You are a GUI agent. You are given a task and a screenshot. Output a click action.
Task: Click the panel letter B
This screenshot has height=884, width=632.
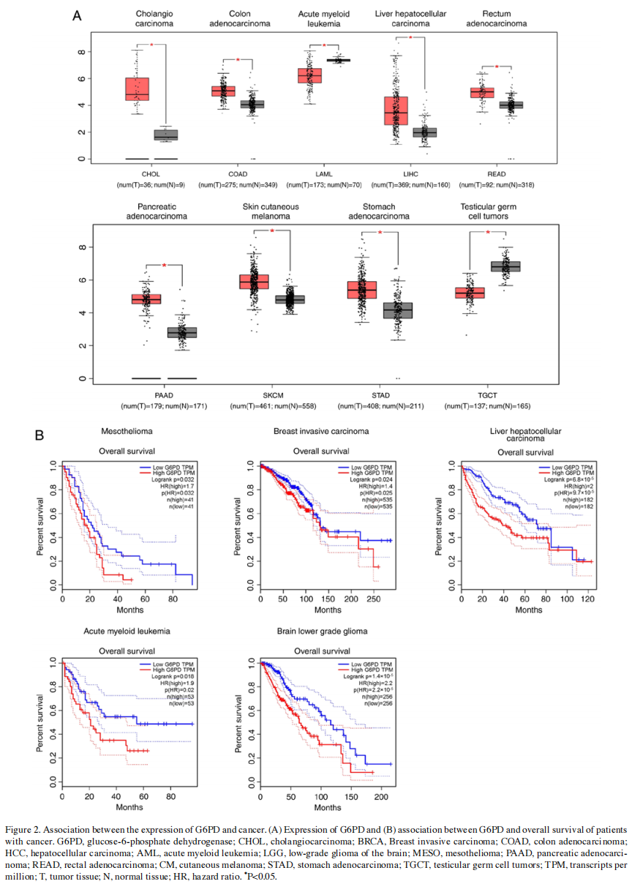point(40,435)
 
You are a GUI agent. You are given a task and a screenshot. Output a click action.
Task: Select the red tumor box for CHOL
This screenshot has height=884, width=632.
point(137,89)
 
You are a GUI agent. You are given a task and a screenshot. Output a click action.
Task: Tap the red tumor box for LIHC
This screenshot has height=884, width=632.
point(396,110)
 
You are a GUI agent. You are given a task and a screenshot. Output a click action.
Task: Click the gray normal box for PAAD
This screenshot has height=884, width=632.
point(181,332)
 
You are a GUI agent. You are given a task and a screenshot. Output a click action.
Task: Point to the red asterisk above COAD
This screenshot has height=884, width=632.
point(238,60)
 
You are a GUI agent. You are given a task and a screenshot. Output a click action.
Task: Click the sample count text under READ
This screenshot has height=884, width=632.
point(496,184)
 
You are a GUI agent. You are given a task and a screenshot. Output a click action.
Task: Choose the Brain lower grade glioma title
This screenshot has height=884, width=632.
point(322,631)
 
